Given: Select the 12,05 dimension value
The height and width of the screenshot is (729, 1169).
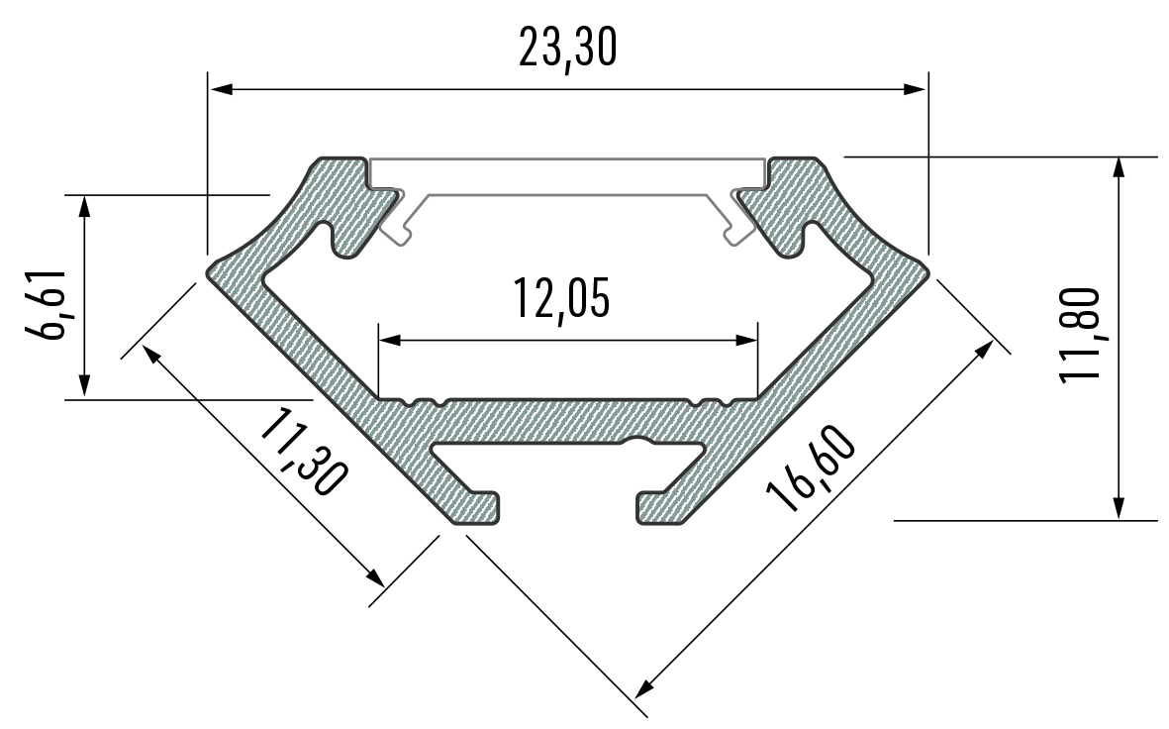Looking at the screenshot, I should pos(560,299).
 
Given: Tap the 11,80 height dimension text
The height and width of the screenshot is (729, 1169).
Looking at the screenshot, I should pos(1079,335).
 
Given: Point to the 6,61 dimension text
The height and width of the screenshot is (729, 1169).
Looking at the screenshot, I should pos(47,303).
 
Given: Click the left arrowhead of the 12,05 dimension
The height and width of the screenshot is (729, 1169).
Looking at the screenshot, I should pos(390,340).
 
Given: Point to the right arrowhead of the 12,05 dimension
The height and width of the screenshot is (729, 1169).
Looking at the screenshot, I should pos(746,340).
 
